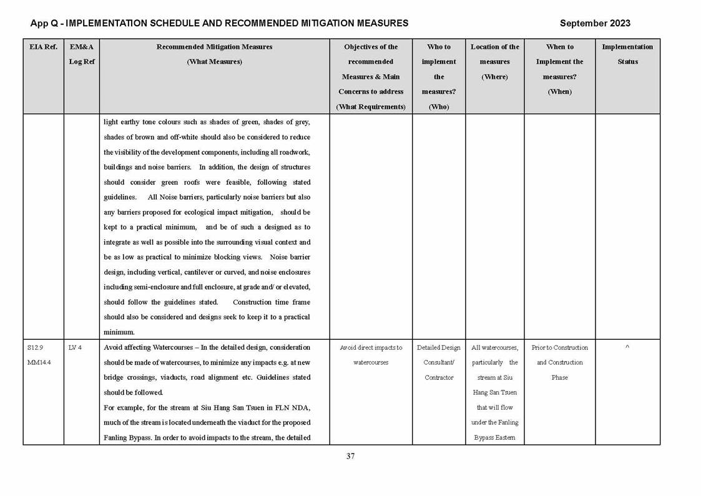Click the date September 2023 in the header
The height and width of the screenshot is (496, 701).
(x=594, y=23)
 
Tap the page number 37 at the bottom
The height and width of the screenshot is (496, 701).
(x=350, y=456)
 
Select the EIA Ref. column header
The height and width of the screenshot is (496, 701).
(x=43, y=47)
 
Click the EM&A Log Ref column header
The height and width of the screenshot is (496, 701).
(x=81, y=54)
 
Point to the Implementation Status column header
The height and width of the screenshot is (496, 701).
(x=627, y=54)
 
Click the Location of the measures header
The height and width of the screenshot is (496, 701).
(x=494, y=61)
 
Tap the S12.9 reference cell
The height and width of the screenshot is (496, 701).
(x=35, y=348)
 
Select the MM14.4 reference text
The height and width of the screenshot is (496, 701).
(x=39, y=363)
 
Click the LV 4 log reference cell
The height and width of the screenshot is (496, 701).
(x=75, y=348)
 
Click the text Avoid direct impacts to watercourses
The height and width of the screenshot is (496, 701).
(x=371, y=355)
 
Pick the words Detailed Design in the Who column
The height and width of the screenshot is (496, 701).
(x=439, y=348)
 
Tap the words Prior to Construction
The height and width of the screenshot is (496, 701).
(x=560, y=348)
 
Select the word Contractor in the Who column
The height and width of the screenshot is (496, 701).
(x=439, y=378)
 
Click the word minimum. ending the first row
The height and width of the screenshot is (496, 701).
(x=119, y=332)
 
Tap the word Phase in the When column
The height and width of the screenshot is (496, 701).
(x=560, y=378)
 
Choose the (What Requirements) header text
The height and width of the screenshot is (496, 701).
(x=371, y=107)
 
